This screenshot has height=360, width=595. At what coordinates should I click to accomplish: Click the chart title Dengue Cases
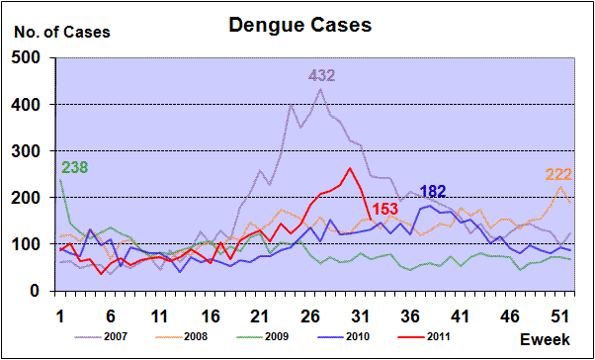[299, 25]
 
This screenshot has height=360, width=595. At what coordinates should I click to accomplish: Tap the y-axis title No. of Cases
[62, 33]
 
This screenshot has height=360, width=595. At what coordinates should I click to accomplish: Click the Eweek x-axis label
[545, 339]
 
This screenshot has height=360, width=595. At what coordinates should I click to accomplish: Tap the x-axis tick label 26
[312, 316]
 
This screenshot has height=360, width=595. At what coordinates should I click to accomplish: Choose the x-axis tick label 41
[460, 316]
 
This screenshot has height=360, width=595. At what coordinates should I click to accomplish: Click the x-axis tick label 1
[60, 316]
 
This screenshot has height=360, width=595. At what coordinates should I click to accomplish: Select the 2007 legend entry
[100, 336]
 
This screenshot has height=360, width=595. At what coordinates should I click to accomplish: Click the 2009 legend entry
[262, 336]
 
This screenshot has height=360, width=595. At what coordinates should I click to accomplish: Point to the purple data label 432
[321, 76]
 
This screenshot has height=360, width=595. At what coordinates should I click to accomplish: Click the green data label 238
[74, 167]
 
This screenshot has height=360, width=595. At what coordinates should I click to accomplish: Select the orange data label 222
[558, 175]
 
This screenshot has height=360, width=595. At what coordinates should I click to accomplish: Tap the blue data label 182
[433, 192]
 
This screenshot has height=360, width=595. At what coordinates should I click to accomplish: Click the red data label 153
[385, 210]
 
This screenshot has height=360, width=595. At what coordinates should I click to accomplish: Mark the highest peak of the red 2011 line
[350, 168]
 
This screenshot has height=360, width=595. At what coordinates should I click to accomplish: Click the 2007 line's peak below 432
[320, 89]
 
